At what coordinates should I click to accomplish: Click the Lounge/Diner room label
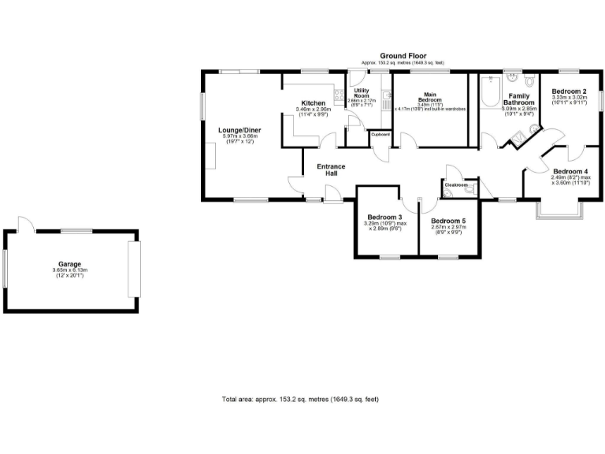click(x=239, y=130)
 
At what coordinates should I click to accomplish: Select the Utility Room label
click(x=362, y=95)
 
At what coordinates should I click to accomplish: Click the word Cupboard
click(x=380, y=135)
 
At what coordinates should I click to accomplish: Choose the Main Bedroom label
click(x=429, y=97)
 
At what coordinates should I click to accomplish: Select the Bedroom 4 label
click(x=570, y=172)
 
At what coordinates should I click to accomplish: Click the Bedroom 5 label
click(x=448, y=221)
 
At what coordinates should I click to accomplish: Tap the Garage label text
click(x=69, y=264)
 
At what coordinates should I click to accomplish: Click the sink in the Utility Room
click(x=386, y=97)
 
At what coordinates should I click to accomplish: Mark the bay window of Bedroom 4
click(x=560, y=210)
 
